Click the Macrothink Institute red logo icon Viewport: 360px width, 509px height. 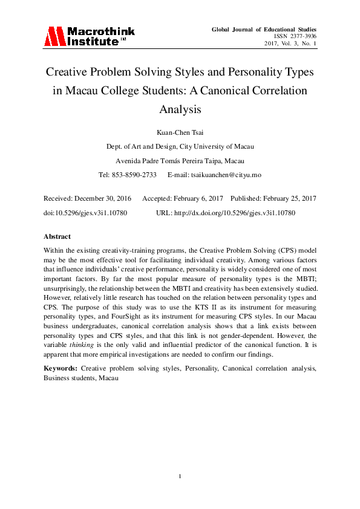coord(54,36)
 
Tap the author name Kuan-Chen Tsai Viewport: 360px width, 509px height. coord(180,132)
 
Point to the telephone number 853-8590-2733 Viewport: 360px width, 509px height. coord(134,175)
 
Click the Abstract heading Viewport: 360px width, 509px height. coord(57,236)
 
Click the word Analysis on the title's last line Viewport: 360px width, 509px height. coord(180,110)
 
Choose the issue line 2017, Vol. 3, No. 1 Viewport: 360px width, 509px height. coord(289,44)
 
